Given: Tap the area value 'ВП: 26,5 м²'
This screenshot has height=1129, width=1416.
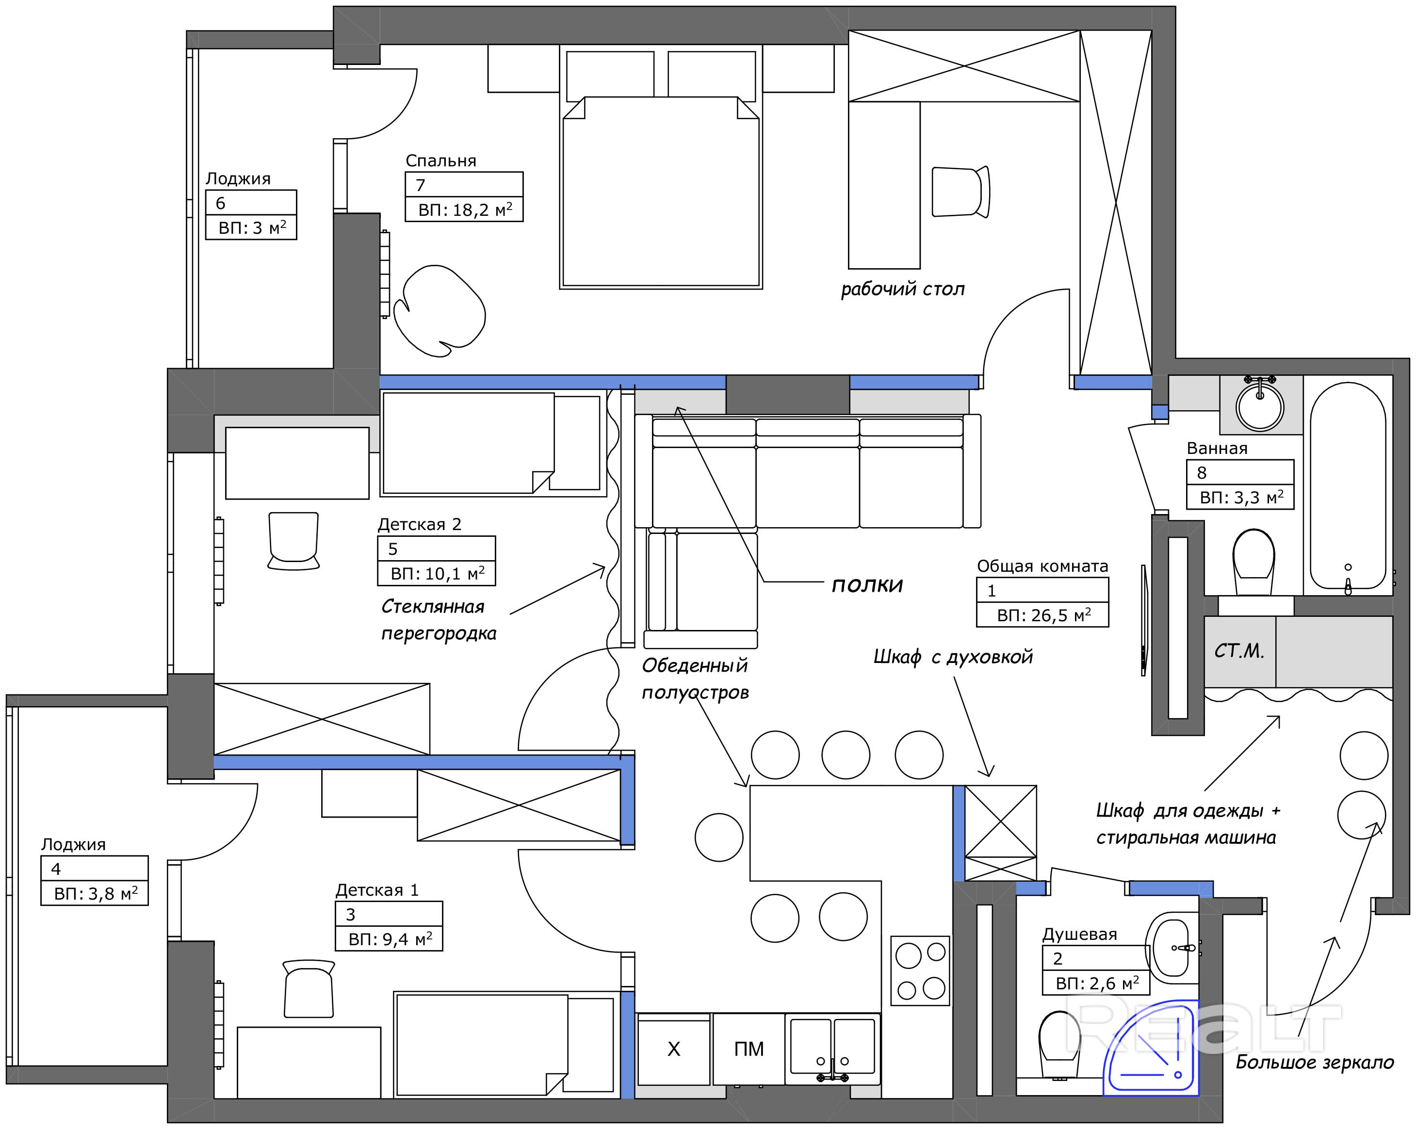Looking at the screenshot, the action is tap(1043, 615).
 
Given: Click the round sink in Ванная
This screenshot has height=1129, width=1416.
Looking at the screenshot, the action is tap(1260, 405).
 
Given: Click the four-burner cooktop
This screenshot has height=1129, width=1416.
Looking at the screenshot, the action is tap(920, 971).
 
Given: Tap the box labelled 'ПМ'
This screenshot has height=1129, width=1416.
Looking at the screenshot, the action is tap(749, 1049).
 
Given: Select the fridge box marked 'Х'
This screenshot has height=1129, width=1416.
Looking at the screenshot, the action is tap(674, 1049).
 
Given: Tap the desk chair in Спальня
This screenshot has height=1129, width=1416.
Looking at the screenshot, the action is tap(960, 192).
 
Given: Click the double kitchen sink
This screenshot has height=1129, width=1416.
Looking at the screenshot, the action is tap(832, 1049).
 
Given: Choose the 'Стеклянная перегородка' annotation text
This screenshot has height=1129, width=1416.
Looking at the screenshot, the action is tap(439, 620).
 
